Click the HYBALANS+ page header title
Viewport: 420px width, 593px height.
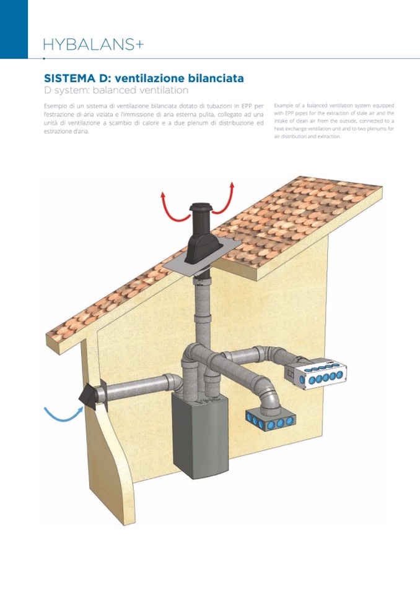click(94, 45)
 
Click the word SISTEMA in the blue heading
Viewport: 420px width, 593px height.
click(69, 79)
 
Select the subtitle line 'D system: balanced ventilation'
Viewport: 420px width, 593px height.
click(116, 90)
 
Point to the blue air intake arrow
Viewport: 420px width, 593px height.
click(64, 414)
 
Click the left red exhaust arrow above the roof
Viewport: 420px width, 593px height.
click(171, 210)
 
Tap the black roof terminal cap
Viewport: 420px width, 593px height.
click(200, 234)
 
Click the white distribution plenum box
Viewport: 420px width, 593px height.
click(321, 373)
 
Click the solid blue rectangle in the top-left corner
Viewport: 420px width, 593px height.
click(14, 29)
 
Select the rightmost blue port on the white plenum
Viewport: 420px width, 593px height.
click(339, 374)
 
